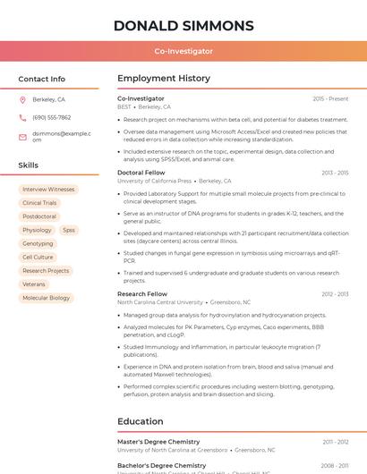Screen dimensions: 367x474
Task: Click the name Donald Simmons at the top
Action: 183,25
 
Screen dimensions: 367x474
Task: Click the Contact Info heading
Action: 41,79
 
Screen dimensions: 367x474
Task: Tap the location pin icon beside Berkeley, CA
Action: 22,100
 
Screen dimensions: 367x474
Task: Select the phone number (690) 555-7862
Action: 51,117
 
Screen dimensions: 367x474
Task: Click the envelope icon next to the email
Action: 22,136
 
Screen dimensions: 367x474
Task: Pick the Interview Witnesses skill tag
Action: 48,190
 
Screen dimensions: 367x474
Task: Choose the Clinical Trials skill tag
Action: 39,203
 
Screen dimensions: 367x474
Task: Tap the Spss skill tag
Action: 69,230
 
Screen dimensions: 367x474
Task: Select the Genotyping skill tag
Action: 38,243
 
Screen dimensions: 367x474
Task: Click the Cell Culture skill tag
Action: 38,257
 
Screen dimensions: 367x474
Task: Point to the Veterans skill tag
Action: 34,284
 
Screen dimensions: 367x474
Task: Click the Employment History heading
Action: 164,79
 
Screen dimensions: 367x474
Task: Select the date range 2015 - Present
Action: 330,98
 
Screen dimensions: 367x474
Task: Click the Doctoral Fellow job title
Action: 141,172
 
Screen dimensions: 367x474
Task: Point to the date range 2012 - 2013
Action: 334,293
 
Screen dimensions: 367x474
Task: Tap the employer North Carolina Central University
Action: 160,302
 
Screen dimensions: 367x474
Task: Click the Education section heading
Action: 141,420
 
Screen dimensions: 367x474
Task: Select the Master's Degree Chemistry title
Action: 158,442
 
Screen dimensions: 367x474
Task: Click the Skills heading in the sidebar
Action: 29,165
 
